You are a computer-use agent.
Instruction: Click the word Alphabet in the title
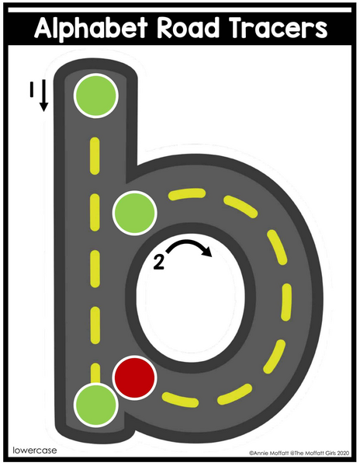coord(91,28)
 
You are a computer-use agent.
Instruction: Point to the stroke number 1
coord(32,89)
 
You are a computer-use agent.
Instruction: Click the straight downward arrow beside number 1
coord(44,96)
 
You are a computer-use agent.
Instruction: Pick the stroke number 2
coord(159,263)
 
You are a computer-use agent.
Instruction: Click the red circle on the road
coord(135,377)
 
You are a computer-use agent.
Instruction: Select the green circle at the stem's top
coord(96,96)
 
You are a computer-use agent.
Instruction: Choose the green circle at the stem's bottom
coord(96,405)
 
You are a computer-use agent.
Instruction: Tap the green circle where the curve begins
coord(135,213)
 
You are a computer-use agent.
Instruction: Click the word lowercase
coord(35,450)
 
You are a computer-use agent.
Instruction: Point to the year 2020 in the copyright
coord(343,454)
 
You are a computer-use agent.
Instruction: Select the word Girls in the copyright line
coord(329,454)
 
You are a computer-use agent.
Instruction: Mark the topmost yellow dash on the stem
coord(95,156)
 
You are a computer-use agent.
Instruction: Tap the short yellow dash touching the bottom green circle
coord(95,373)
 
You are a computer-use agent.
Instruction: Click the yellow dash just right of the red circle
coord(180,400)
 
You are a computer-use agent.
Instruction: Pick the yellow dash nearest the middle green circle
coord(187,193)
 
